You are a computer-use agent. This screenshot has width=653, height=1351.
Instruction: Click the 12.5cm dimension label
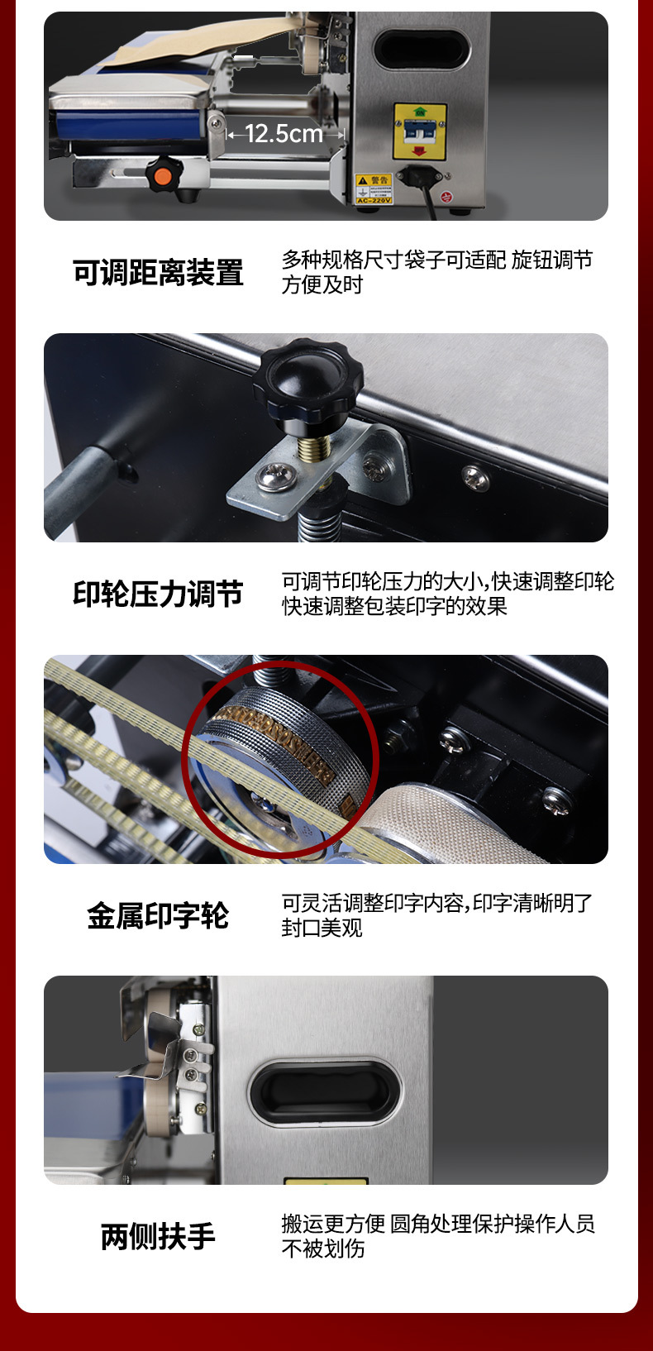tap(284, 133)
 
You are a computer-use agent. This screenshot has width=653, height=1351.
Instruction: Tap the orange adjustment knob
tap(164, 174)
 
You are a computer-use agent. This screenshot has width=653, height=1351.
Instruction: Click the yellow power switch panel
tap(420, 131)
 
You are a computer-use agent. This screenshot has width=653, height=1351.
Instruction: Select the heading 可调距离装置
tap(158, 273)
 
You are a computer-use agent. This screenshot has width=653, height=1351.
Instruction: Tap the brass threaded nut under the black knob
tap(315, 448)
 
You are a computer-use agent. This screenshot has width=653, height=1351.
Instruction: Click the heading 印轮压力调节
tap(158, 594)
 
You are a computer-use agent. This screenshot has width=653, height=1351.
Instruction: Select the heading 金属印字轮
tap(158, 915)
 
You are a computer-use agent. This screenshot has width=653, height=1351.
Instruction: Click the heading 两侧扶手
tap(158, 1237)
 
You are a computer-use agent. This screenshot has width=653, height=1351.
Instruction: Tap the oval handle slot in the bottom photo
tap(324, 1091)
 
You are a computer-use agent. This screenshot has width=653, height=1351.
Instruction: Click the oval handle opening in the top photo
tap(422, 49)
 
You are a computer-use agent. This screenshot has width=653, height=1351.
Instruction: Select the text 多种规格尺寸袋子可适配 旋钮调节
tap(436, 260)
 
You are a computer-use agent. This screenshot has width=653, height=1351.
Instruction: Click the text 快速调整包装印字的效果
tap(394, 606)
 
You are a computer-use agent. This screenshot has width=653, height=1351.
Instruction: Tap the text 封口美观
tap(322, 929)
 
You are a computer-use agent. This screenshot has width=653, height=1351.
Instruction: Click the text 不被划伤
tap(322, 1248)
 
